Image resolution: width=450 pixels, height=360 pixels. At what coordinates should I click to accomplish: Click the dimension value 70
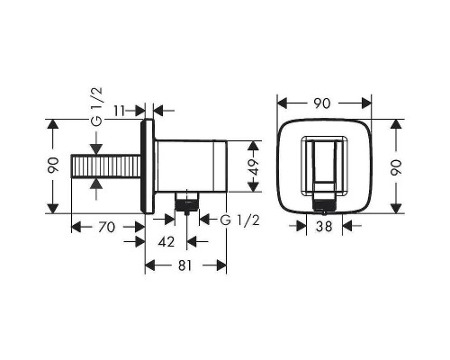(105, 229)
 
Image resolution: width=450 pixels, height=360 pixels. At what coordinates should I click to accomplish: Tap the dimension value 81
(186, 265)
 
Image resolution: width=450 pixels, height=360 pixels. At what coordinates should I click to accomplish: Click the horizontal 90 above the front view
(320, 103)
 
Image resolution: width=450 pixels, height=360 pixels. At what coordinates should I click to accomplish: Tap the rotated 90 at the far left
(53, 165)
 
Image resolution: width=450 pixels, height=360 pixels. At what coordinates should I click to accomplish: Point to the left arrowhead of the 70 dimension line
(75, 229)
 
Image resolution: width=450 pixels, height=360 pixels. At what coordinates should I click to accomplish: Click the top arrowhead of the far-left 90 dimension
(53, 122)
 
